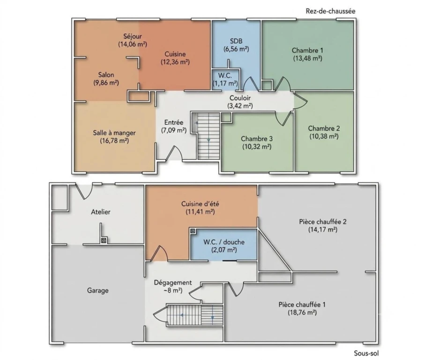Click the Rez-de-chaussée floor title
pos(330,11)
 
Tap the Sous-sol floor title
pos(366,353)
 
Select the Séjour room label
pos(133,36)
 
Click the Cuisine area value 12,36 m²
pos(175,62)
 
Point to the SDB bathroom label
pos(236,41)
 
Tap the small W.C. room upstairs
pos(225,80)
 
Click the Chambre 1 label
pos(307,50)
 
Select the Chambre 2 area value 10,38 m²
pos(324,136)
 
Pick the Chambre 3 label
pos(256,139)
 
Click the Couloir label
pos(240,98)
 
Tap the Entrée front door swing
pos(174,153)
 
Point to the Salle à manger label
pos(114,133)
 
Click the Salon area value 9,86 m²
pos(106,82)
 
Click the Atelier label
pos(101,212)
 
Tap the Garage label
pos(98,290)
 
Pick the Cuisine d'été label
pos(200,204)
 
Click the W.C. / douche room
pos(224,245)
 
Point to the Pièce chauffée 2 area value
pos(323,229)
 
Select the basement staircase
pos(195,315)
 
